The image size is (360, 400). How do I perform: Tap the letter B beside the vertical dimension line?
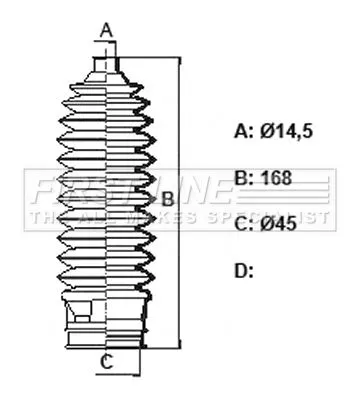pos(167,198)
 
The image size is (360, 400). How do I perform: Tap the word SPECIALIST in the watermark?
pos(284,213)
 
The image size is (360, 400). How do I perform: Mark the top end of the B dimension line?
pos(180,58)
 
